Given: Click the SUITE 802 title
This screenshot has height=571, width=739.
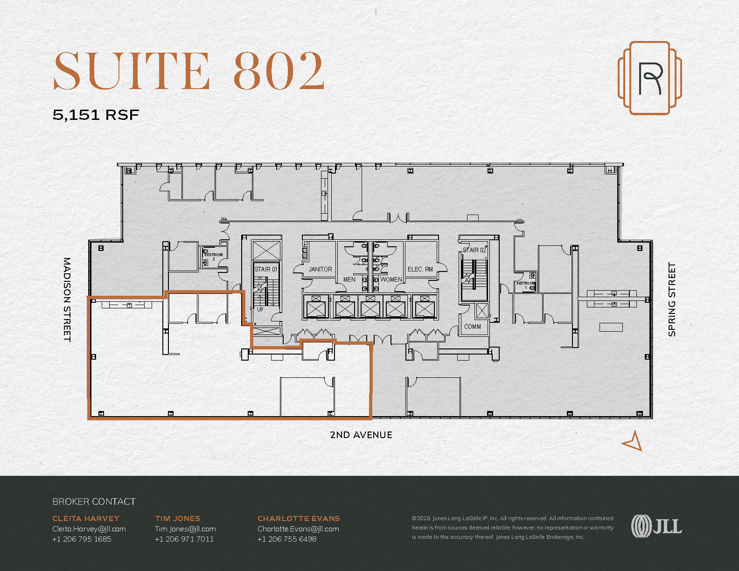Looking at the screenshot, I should pos(189,71).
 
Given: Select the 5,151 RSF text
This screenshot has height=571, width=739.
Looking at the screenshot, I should pos(96,115).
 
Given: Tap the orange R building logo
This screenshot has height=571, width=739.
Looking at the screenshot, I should pos(649,77).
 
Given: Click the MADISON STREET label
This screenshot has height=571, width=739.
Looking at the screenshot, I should pos(67,299).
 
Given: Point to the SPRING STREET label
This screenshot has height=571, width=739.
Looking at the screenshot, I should pos(671,299).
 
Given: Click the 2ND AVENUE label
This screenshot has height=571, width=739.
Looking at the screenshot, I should pos(361,435).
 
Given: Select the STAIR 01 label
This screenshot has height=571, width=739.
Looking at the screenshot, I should pos(266,269).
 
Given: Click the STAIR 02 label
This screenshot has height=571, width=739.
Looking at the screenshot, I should pos(474,251).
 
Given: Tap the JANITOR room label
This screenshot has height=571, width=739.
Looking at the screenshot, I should pos(320,269).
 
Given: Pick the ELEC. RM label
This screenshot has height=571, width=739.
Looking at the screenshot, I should pos(420,269).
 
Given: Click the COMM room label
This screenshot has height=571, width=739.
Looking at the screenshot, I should pos(472,327).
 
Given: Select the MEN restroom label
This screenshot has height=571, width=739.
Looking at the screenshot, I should pos(349,280).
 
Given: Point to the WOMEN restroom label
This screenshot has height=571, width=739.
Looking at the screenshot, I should pos(391,280).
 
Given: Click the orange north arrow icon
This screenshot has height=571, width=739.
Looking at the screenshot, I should pos(633,441).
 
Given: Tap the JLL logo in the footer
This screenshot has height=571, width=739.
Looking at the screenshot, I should pos(656,526).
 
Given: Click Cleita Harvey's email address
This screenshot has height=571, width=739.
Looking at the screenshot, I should pos(89,529).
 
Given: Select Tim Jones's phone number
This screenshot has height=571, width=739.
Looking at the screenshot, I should pos(184,539).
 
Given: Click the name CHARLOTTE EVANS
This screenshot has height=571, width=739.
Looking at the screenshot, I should pos(299,518).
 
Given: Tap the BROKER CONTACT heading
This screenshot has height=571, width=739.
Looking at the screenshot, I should pos(94,501).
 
